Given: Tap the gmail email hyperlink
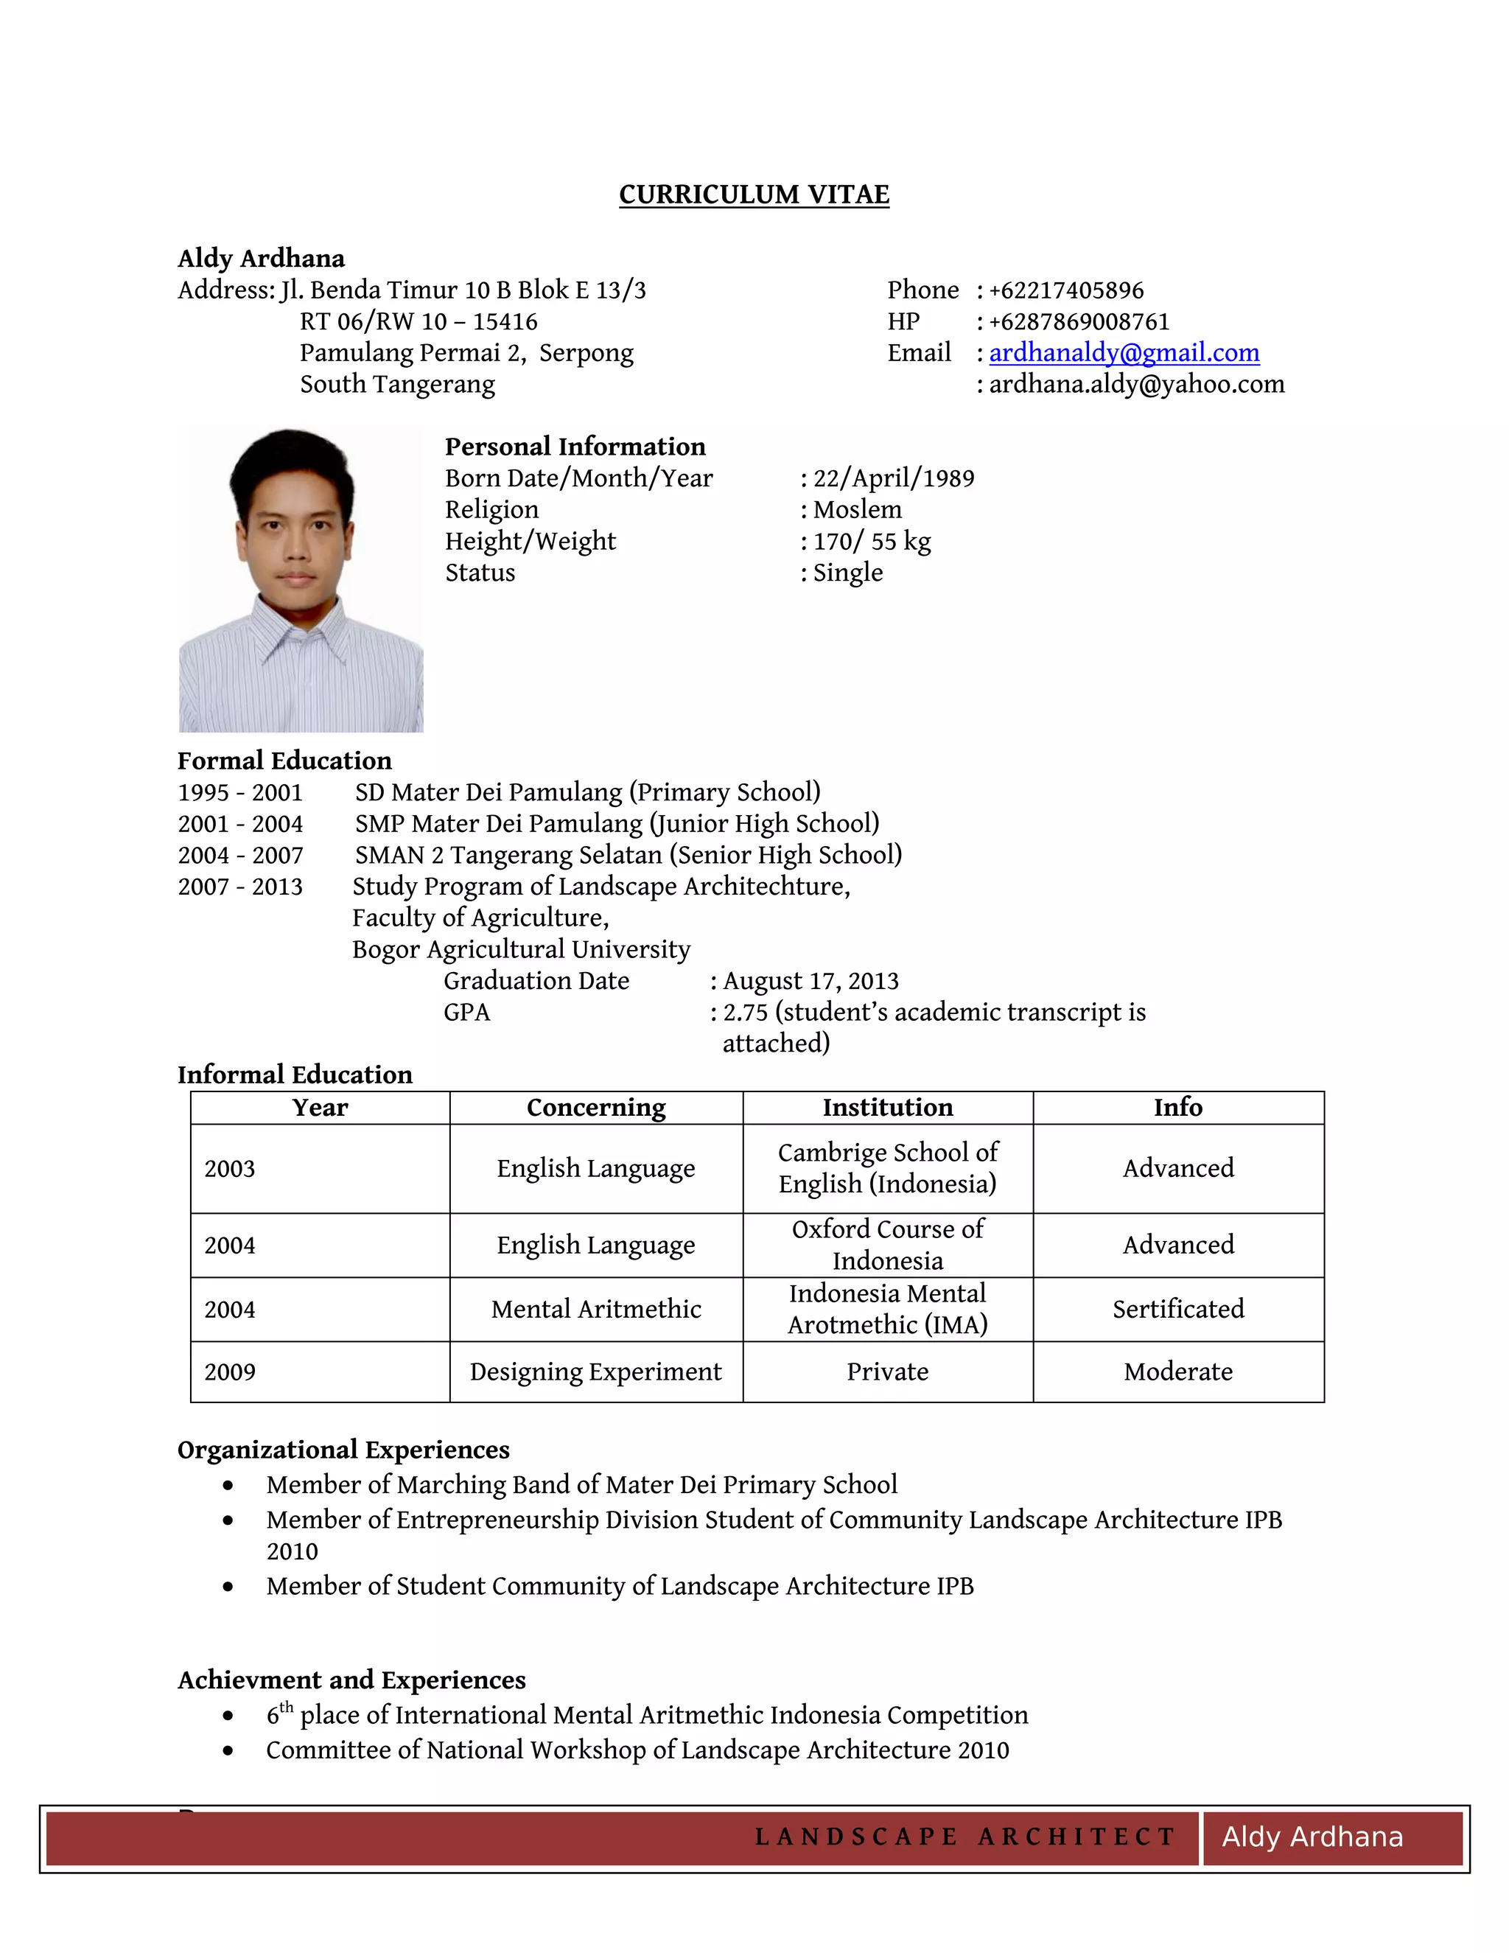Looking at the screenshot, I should pos(1124,352).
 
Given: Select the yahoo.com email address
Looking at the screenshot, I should pos(1136,385).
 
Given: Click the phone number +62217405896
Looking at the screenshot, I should pos(1065,290).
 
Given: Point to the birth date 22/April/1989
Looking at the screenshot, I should pos(893,478).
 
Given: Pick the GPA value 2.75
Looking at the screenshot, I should pos(745,1013).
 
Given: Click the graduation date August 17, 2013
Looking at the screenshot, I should pos(810,981).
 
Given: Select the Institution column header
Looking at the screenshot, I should pos(887,1107).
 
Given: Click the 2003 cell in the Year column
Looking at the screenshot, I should pos(230,1169).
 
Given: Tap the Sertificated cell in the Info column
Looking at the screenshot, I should pos(1177,1309).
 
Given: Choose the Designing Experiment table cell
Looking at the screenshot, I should pos(595,1372).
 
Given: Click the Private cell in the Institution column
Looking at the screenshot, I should pos(887,1372).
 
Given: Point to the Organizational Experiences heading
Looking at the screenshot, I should pos(343,1450).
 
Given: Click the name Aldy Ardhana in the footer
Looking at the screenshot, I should pos(1312,1837).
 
